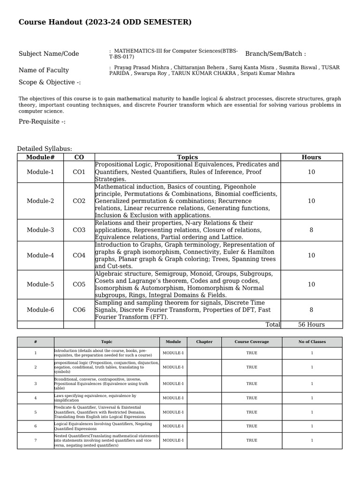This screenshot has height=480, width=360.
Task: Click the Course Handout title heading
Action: pyautogui.click(x=105, y=22)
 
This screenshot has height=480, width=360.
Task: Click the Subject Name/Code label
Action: pyautogui.click(x=49, y=54)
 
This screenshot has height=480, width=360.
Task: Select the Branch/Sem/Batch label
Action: pyautogui.click(x=275, y=54)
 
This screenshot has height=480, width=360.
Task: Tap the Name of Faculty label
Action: pyautogui.click(x=44, y=70)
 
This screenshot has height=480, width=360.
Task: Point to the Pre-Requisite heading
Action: pyautogui.click(x=42, y=122)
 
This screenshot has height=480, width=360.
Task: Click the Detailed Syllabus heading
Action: pyautogui.click(x=45, y=149)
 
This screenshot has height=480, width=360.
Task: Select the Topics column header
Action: pyautogui.click(x=187, y=157)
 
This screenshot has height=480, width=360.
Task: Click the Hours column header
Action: pyautogui.click(x=311, y=157)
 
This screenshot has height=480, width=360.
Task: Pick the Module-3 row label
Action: pyautogui.click(x=40, y=230)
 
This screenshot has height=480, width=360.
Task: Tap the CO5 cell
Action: pyautogui.click(x=79, y=285)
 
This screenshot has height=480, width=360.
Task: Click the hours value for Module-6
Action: pyautogui.click(x=311, y=310)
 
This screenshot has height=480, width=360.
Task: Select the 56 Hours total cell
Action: pyautogui.click(x=311, y=324)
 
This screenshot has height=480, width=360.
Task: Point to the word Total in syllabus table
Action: pyautogui.click(x=272, y=324)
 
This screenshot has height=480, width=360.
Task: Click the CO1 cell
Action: pyautogui.click(x=79, y=172)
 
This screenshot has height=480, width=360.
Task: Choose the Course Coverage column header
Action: pyautogui.click(x=252, y=342)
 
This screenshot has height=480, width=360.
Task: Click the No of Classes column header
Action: pyautogui.click(x=312, y=342)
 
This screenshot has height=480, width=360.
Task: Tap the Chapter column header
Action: pyautogui.click(x=204, y=342)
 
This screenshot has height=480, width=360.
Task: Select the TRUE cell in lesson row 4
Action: pyautogui.click(x=252, y=398)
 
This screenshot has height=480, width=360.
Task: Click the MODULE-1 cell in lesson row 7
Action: pyautogui.click(x=173, y=441)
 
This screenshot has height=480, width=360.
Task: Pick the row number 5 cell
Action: pyautogui.click(x=36, y=412)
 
